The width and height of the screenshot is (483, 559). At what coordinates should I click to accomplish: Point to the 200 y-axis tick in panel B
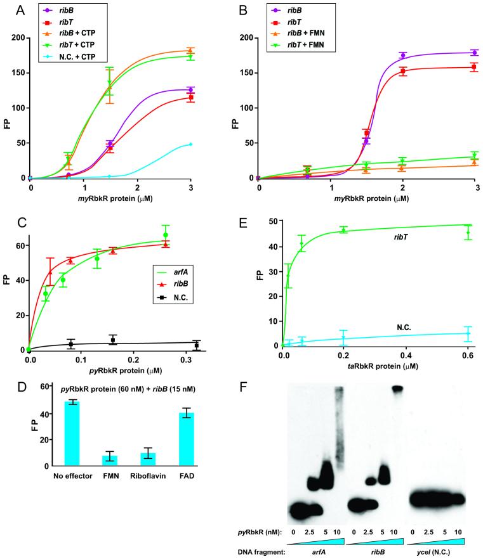tap(248, 38)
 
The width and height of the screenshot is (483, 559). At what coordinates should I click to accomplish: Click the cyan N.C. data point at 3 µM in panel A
tap(190, 145)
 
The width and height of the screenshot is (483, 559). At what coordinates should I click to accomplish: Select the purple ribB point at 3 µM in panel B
tap(474, 53)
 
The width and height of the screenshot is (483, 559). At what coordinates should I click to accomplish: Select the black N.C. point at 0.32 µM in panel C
tap(197, 345)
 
